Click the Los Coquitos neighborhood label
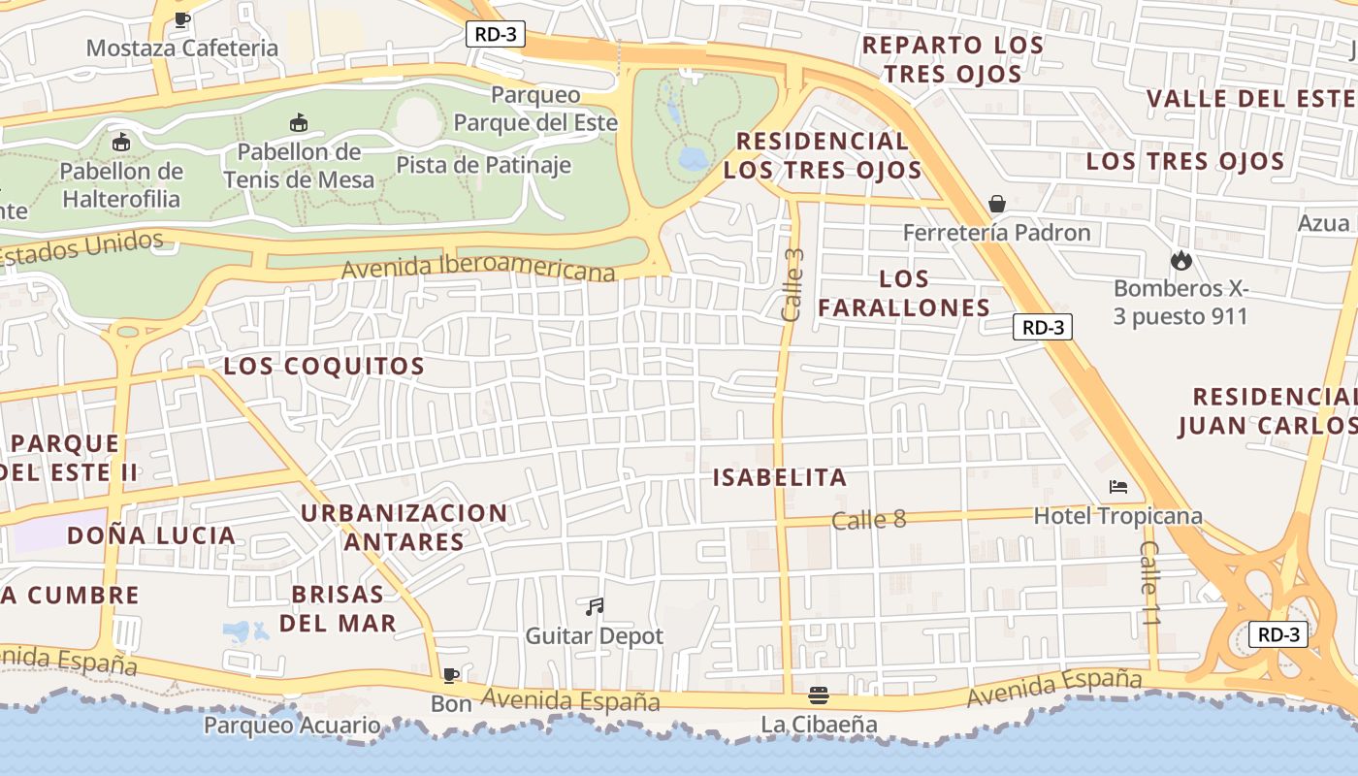[x=324, y=367]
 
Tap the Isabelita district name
[x=780, y=477]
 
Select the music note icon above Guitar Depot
[x=595, y=607]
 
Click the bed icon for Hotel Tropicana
[x=1118, y=487]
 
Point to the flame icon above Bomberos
[x=1180, y=260]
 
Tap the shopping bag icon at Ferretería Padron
[x=996, y=204]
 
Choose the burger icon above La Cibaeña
[x=819, y=695]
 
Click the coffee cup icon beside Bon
[x=450, y=675]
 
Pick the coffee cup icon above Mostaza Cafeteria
[x=181, y=19]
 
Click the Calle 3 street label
[x=793, y=285]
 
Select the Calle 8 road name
[x=868, y=520]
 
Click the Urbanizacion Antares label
[x=404, y=527]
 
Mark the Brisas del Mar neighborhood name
[x=338, y=608]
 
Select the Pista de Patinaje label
[x=483, y=165]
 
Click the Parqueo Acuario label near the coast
[x=292, y=725]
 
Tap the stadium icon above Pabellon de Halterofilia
[x=121, y=143]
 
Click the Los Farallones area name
[x=903, y=293]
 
